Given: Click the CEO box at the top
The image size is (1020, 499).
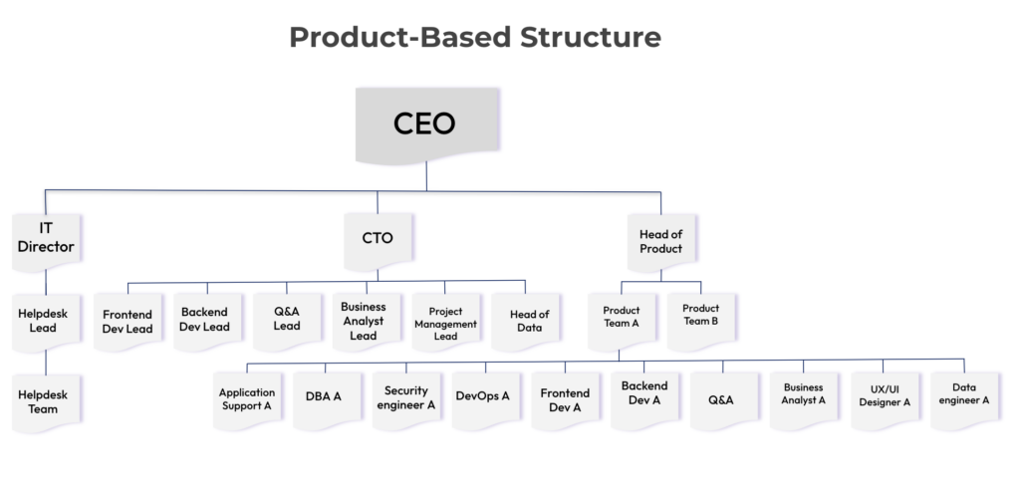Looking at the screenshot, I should pos(425,125).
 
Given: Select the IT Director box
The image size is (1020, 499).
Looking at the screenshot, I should pos(46,239).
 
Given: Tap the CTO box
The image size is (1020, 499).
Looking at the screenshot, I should pos(378,239).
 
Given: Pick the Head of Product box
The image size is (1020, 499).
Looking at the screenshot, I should pos(660,241).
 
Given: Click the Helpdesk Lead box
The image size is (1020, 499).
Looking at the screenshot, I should pos(45,320).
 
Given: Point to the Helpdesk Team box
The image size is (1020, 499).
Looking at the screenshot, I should pos(45,401).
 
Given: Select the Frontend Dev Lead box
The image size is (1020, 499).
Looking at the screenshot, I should pos(127,321).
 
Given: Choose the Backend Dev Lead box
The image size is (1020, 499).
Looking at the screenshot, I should pos(205,320).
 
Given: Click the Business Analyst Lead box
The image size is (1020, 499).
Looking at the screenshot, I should pos(364,321).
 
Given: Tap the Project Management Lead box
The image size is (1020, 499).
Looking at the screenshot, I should pos(445,323).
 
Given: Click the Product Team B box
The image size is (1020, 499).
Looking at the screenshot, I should pos(700,315).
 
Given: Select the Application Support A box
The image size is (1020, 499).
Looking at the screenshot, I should pos(246,399).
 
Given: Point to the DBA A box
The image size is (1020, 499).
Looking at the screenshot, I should pos(324,396).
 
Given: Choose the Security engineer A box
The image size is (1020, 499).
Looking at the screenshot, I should pos(404,398).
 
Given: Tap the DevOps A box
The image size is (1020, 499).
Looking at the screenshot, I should pos(483,396).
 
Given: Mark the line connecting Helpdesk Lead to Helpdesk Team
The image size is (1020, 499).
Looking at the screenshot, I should pos(45,361).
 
